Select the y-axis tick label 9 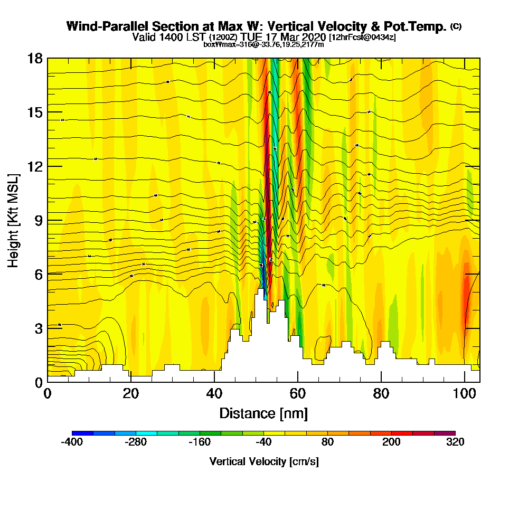click(38, 220)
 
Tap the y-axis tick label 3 click(38, 327)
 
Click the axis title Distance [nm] click(263, 413)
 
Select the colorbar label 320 click(455, 442)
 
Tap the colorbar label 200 click(391, 442)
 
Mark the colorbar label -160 click(200, 442)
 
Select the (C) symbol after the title click(456, 26)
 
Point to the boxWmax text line click(263, 44)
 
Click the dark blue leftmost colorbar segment click(82, 433)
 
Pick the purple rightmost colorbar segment click(445, 433)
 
